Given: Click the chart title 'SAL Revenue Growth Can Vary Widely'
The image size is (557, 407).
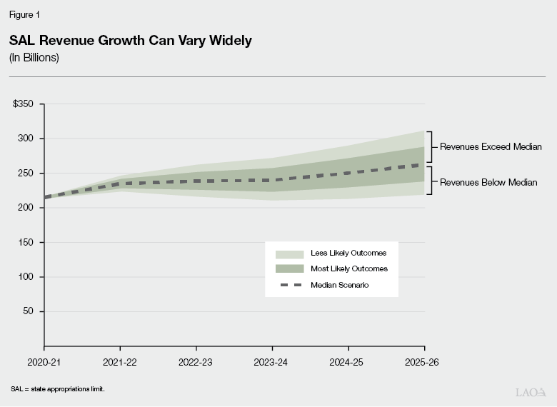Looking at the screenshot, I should tap(130, 41).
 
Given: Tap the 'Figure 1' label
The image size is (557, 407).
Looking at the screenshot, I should tap(25, 14).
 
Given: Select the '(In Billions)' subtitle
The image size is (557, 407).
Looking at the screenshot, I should tap(34, 58).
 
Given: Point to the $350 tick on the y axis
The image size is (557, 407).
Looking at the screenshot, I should tap(23, 104).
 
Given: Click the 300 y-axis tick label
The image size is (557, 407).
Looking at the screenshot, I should tap(26, 139).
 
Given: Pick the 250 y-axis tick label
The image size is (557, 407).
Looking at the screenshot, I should tap(26, 173).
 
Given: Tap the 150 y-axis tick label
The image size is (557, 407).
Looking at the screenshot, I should tap(26, 242).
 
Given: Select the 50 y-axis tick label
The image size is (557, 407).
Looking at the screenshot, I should tap(28, 311).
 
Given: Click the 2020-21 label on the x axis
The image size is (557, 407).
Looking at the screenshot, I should tap(44, 362).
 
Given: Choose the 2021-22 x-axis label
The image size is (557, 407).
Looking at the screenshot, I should tap(119, 362).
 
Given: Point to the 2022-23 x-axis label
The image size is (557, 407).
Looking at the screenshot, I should tap(196, 362).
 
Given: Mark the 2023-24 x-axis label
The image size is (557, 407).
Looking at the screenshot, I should tap(272, 362).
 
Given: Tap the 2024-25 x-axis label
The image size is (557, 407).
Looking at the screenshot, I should tap(348, 362).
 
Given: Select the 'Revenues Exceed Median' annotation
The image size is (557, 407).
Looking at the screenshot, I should tap(491, 147).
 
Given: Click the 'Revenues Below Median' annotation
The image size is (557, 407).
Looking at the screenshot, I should tap(488, 182).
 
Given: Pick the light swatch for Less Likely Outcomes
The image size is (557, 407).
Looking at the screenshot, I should tap(288, 253).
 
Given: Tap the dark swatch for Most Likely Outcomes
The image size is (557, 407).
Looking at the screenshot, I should tap(288, 269).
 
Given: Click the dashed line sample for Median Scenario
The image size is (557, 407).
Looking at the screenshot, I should tap(288, 286).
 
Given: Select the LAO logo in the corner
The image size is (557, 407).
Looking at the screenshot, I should tap(530, 392).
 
